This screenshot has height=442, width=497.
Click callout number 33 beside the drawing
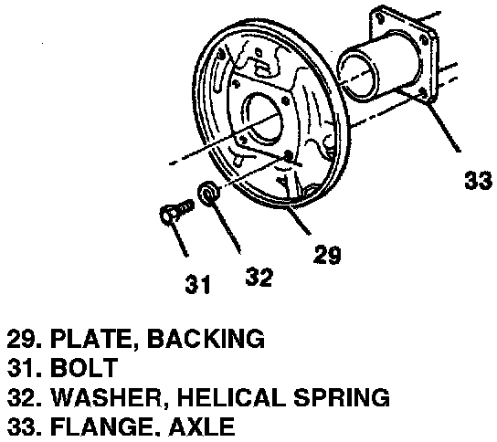[479, 181]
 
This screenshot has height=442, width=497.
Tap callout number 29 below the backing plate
[327, 254]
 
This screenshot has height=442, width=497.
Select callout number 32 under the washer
[259, 277]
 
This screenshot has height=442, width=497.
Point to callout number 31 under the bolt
[197, 284]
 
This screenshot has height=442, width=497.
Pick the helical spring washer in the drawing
[208, 193]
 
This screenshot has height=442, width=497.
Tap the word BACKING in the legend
[206, 339]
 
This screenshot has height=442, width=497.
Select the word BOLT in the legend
[84, 367]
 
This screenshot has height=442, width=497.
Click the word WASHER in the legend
[108, 397]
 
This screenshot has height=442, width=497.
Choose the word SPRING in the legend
[342, 397]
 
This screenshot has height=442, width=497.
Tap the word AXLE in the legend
[202, 426]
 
